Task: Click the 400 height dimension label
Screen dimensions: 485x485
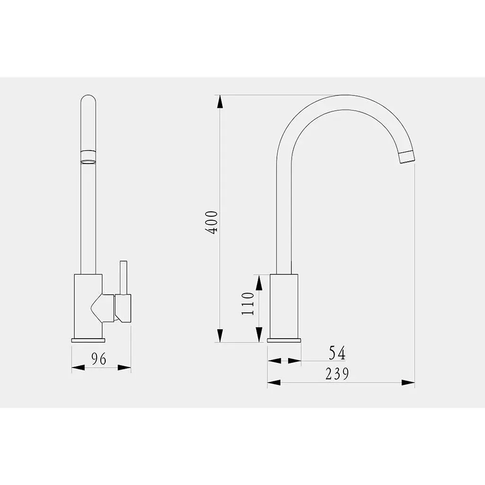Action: click(212, 222)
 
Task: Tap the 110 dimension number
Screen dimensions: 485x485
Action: click(248, 303)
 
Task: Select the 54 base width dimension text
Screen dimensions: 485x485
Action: click(337, 353)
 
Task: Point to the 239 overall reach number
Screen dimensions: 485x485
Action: click(337, 373)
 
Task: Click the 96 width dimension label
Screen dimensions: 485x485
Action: click(99, 359)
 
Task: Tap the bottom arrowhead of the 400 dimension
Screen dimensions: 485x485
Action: click(220, 336)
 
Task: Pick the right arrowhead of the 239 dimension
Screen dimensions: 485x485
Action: click(408, 383)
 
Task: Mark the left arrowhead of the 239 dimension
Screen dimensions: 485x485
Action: click(274, 383)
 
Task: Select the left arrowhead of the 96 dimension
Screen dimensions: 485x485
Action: click(78, 368)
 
